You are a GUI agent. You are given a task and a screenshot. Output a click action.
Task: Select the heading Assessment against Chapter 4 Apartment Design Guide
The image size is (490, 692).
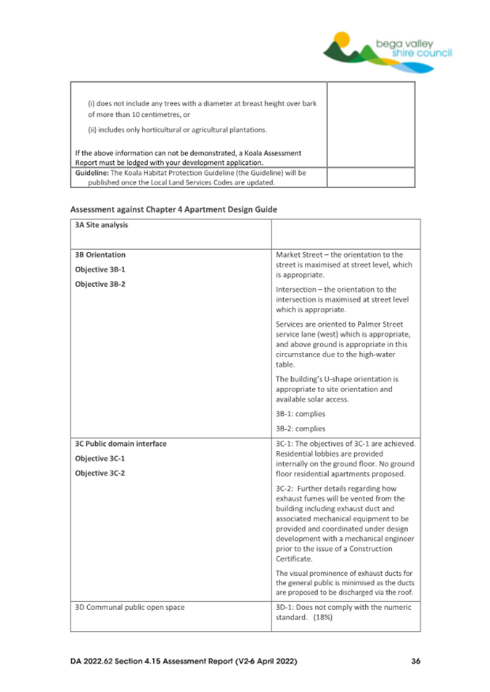[173, 209]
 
